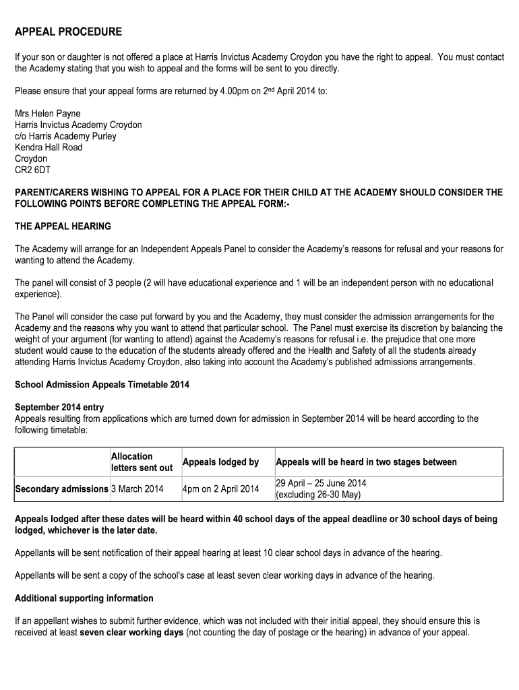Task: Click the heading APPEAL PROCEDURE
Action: [x=68, y=32]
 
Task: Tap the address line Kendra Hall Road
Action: [x=49, y=148]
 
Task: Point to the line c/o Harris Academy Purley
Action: [x=65, y=136]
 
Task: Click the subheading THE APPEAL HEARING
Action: [x=63, y=226]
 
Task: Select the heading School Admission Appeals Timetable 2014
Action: [x=102, y=385]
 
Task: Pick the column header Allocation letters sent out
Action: [x=142, y=462]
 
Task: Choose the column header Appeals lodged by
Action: [x=220, y=462]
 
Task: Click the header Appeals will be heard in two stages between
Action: [x=366, y=462]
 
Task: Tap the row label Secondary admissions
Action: [x=61, y=489]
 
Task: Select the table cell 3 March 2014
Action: [x=137, y=489]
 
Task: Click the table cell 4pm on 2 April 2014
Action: [x=220, y=489]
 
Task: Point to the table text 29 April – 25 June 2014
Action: [x=321, y=483]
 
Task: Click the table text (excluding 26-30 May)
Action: [x=318, y=495]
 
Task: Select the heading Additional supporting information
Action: [x=84, y=598]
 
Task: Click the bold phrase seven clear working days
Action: [x=131, y=633]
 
